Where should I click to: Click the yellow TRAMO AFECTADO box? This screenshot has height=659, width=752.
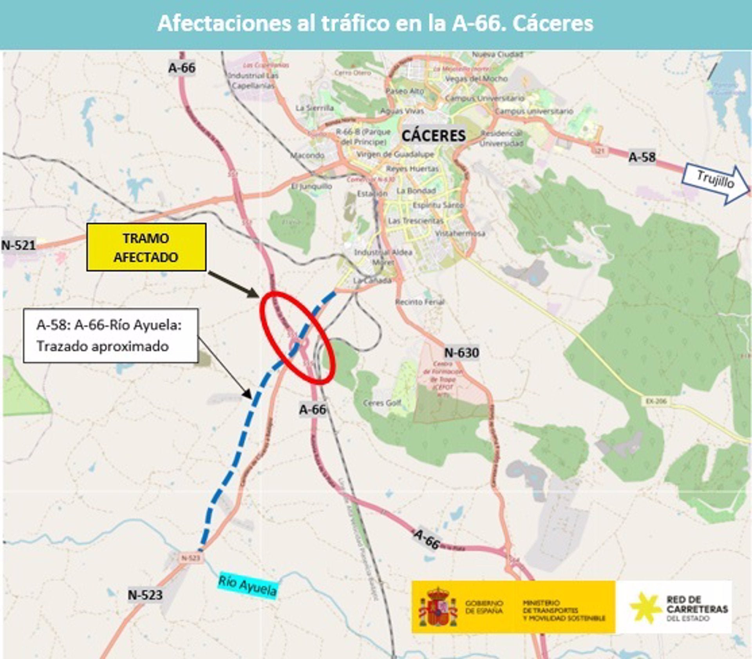point(146,247)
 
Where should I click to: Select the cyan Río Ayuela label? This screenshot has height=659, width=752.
point(248,586)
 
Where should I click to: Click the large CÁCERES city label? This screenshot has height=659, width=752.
point(434,136)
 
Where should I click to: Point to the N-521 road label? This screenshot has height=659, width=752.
point(18,246)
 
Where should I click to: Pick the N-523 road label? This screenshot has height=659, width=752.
point(145,595)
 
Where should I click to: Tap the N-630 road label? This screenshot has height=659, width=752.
point(461,353)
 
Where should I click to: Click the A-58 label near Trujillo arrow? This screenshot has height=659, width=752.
point(642,157)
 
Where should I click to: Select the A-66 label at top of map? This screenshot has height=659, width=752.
point(182,68)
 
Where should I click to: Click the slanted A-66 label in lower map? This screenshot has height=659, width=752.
point(427,540)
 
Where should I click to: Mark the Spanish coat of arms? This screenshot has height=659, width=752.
point(437,607)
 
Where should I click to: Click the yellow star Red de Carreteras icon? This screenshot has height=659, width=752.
point(645,607)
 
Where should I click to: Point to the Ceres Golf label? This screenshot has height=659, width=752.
point(382,403)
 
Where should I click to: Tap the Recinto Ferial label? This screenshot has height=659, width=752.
point(419,302)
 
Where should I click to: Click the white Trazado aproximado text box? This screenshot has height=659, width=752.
point(110,335)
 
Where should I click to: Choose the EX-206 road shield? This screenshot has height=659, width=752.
point(656,401)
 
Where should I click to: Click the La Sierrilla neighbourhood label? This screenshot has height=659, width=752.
point(315,108)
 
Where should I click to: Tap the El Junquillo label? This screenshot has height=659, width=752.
point(312,186)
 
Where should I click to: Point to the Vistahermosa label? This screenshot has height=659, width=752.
point(460,234)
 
